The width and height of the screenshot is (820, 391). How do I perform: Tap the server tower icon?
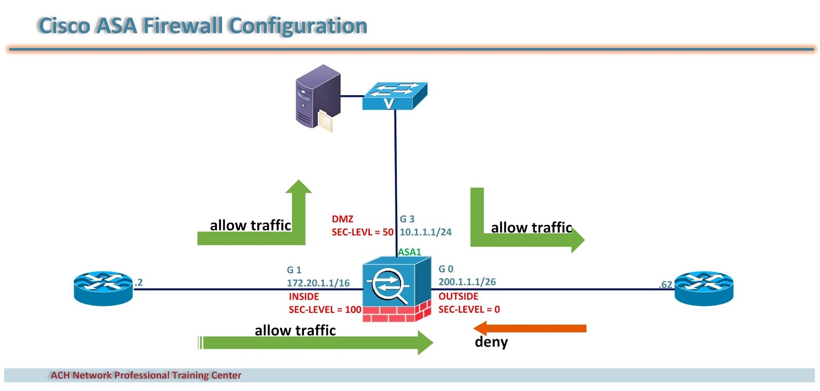click(318, 97)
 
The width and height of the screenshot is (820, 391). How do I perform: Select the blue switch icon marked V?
click(395, 96)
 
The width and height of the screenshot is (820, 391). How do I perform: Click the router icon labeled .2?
click(103, 289)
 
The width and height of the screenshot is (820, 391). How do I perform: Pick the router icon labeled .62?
click(703, 289)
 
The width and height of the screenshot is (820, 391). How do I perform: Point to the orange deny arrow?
click(530, 328)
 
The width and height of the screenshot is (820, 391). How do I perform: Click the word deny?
click(491, 342)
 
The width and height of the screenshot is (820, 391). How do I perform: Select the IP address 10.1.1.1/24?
click(425, 232)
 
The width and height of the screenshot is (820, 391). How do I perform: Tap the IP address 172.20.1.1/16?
click(318, 283)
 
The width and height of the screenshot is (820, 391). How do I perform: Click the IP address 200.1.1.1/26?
click(467, 282)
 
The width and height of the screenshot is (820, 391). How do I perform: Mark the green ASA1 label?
click(409, 252)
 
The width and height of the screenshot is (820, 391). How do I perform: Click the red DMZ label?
click(342, 219)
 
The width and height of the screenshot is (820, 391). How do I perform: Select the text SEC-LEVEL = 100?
click(325, 310)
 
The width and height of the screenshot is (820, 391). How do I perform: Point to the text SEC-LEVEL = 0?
click(469, 310)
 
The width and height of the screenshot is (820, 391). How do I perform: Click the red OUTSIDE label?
click(458, 296)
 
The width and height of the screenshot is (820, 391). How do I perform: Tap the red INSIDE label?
click(303, 297)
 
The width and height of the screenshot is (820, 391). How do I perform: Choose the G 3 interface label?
click(407, 219)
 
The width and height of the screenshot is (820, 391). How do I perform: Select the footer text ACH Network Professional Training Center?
click(146, 375)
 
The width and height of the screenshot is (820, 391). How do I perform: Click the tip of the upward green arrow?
click(299, 182)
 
